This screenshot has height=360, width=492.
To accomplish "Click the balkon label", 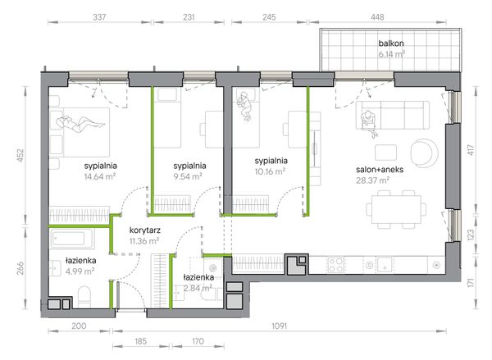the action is (391, 43).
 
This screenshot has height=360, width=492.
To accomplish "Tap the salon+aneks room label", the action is (380, 170).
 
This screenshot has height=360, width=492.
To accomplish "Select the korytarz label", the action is (145, 230).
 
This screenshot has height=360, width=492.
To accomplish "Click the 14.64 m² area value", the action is (100, 176).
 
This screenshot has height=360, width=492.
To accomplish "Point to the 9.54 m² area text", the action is (187, 176).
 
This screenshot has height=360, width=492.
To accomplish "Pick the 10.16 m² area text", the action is (270, 171).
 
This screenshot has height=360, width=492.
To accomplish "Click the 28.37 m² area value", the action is (372, 180).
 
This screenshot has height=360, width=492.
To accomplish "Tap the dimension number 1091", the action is (279, 326).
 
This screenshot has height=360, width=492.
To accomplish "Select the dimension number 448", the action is (377, 17).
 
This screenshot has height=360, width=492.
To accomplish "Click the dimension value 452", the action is (20, 155).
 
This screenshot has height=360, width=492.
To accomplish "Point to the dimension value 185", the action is (140, 341).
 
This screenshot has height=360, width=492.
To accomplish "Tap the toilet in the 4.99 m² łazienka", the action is (84, 297).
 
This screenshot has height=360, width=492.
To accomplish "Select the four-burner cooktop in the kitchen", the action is (335, 265).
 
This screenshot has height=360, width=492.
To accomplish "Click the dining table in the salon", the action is (396, 209).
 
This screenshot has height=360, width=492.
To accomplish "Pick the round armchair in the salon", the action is (425, 153).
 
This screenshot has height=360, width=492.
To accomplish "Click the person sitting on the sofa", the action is (370, 123).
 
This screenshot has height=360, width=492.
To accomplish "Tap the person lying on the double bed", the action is (80, 124).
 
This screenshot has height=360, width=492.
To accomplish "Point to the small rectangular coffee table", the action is (385, 153).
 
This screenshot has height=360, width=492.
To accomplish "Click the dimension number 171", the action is (471, 282).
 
